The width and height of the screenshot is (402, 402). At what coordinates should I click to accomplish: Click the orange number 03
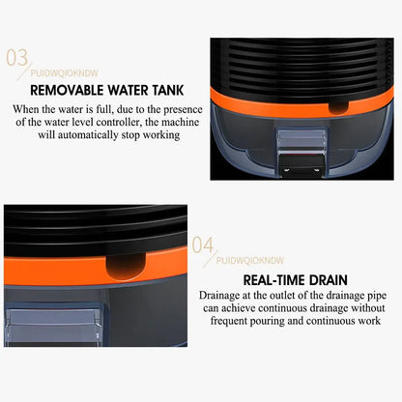pyautogui.click(x=18, y=59)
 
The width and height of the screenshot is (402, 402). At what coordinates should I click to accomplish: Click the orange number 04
pyautogui.click(x=203, y=245)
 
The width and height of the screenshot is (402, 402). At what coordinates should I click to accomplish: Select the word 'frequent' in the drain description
pyautogui.click(x=226, y=320)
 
